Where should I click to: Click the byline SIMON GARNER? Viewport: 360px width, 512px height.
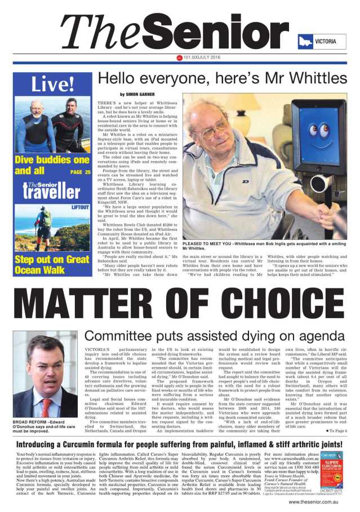137,94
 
